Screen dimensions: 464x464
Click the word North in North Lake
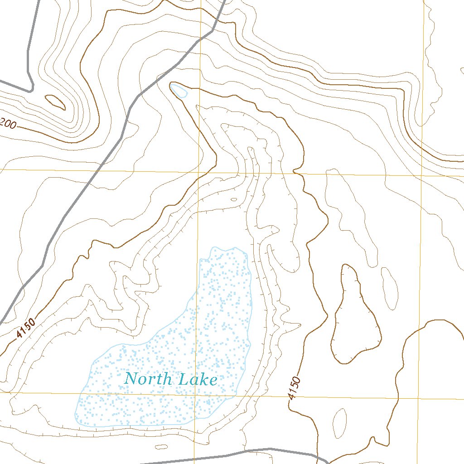[149, 379]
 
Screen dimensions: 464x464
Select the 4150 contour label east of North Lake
[294, 388]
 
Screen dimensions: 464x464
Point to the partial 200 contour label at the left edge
[8, 123]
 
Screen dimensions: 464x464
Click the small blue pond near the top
[179, 91]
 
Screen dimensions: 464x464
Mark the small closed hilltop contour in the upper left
[55, 102]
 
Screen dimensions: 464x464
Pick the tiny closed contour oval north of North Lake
[234, 199]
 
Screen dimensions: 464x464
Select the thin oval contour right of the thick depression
[389, 288]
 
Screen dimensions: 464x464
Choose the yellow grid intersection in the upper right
[422, 175]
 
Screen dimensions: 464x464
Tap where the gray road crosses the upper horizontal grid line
[98, 170]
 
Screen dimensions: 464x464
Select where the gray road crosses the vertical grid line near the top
[201, 40]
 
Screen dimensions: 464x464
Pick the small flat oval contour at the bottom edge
[162, 447]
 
